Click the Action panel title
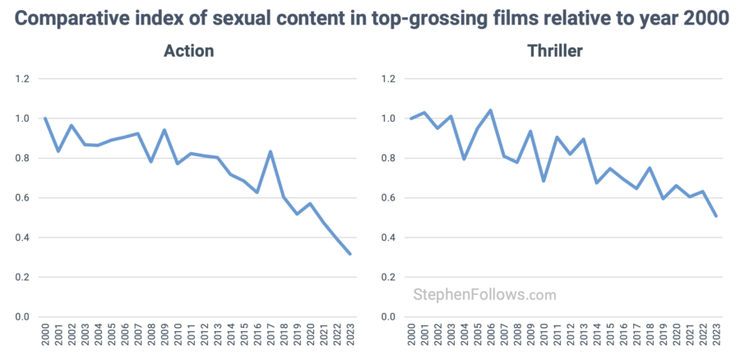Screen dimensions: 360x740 click(x=188, y=51)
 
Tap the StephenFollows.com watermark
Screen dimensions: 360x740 click(x=484, y=294)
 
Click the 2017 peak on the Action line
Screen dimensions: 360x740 click(x=271, y=151)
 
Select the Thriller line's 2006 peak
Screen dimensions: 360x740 click(x=491, y=110)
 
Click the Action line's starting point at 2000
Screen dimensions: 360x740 click(x=44, y=118)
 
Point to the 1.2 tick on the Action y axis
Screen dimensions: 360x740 click(x=21, y=79)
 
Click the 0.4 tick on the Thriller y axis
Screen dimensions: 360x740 click(x=389, y=238)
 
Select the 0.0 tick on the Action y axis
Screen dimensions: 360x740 click(x=21, y=317)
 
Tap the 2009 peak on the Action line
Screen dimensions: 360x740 click(x=164, y=130)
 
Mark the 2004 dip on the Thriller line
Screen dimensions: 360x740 click(x=465, y=159)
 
